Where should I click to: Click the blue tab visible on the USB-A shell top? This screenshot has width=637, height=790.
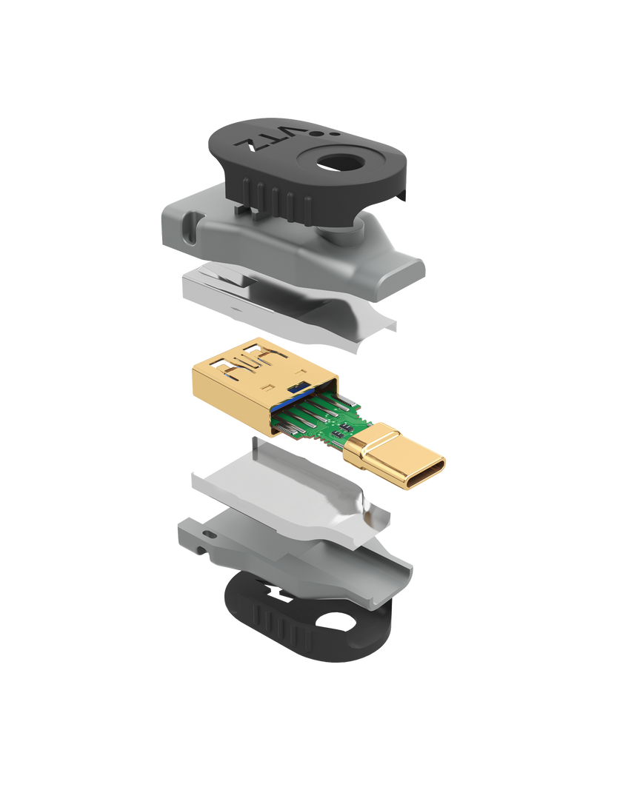297,387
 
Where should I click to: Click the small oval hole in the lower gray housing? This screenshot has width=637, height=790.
209,532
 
